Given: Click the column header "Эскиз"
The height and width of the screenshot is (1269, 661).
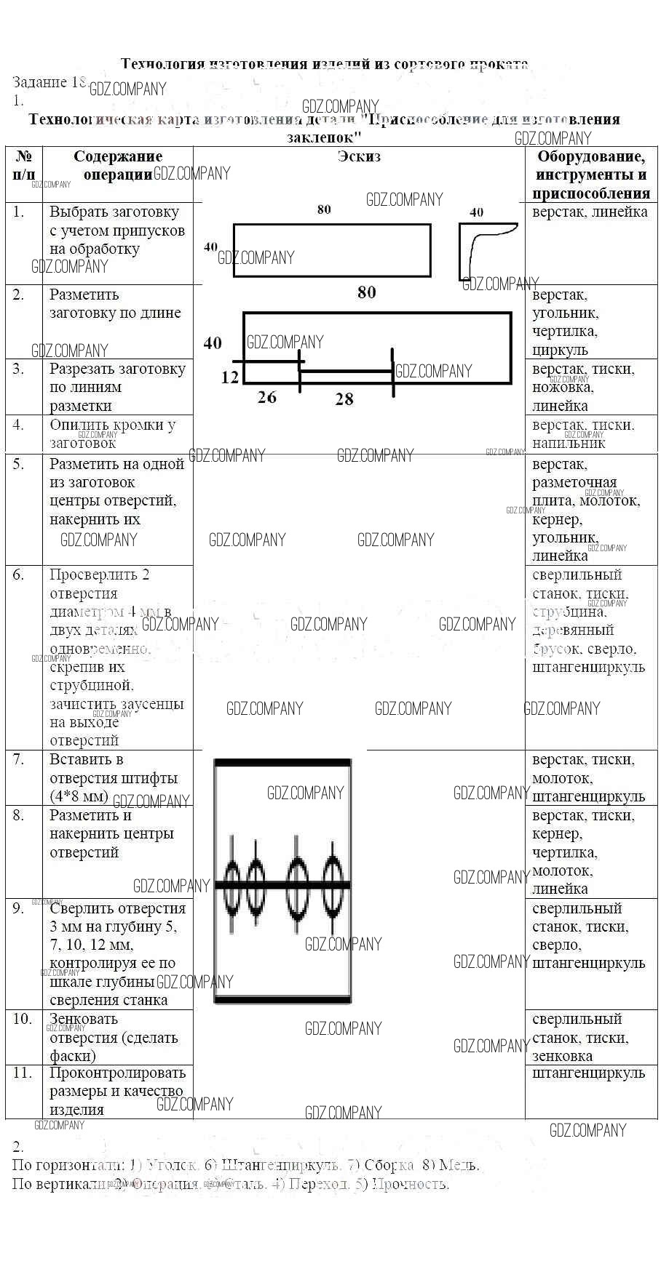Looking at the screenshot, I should pos(359,156).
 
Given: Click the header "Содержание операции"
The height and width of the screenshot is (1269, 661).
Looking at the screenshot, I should pos(118,165).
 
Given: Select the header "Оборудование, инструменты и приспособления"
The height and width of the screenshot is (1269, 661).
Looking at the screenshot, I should pos(590,175).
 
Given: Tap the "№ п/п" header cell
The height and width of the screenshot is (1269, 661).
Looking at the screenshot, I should pos(24,165).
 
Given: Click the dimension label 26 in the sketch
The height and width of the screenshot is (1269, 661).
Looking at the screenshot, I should pos(267,397).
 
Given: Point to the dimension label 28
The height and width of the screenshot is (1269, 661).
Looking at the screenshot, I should pos(344,399).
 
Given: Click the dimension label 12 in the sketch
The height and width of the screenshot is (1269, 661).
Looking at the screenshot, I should pos(229,377).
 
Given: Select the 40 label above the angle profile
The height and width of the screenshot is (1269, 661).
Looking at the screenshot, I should pos(476,212).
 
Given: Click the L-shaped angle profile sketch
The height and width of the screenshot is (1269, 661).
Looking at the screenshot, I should pos(480,247).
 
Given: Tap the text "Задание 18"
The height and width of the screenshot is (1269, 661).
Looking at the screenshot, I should pos(50,82).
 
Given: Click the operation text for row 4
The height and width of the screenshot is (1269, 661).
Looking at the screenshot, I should pos(112,433).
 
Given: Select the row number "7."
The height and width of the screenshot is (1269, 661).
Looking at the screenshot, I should pos(18,759).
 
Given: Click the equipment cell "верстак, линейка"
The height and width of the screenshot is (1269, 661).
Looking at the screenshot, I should pos(590,212).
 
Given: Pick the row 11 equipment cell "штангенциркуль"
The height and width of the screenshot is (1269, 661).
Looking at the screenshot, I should pos(588,1073).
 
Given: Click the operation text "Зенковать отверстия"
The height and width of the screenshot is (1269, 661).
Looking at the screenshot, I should pos(114,1037).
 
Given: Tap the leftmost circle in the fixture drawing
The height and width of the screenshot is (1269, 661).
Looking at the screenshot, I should pos(231,885).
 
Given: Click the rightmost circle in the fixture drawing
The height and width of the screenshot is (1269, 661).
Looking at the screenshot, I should pos(333,885).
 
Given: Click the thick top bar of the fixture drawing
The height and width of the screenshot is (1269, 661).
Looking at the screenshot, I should pos(282,762).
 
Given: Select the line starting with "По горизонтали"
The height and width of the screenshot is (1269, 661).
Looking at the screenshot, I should pos(245,1165).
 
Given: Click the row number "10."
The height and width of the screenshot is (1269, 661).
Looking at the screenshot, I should pos(23,1019).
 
